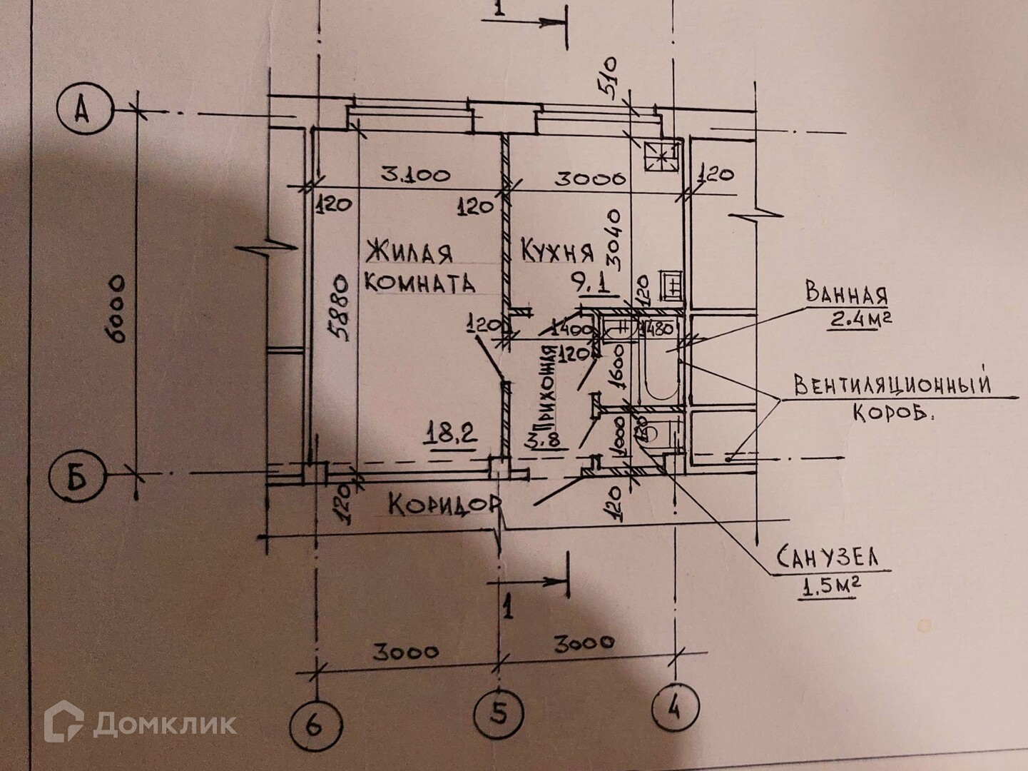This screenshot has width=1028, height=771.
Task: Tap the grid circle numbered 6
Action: point(315,726)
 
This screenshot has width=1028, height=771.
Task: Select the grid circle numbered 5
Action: point(499,712)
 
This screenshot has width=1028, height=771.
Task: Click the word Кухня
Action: point(557,251)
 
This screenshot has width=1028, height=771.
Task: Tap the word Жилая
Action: point(409,252)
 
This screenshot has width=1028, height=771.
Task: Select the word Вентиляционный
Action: point(892,385)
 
